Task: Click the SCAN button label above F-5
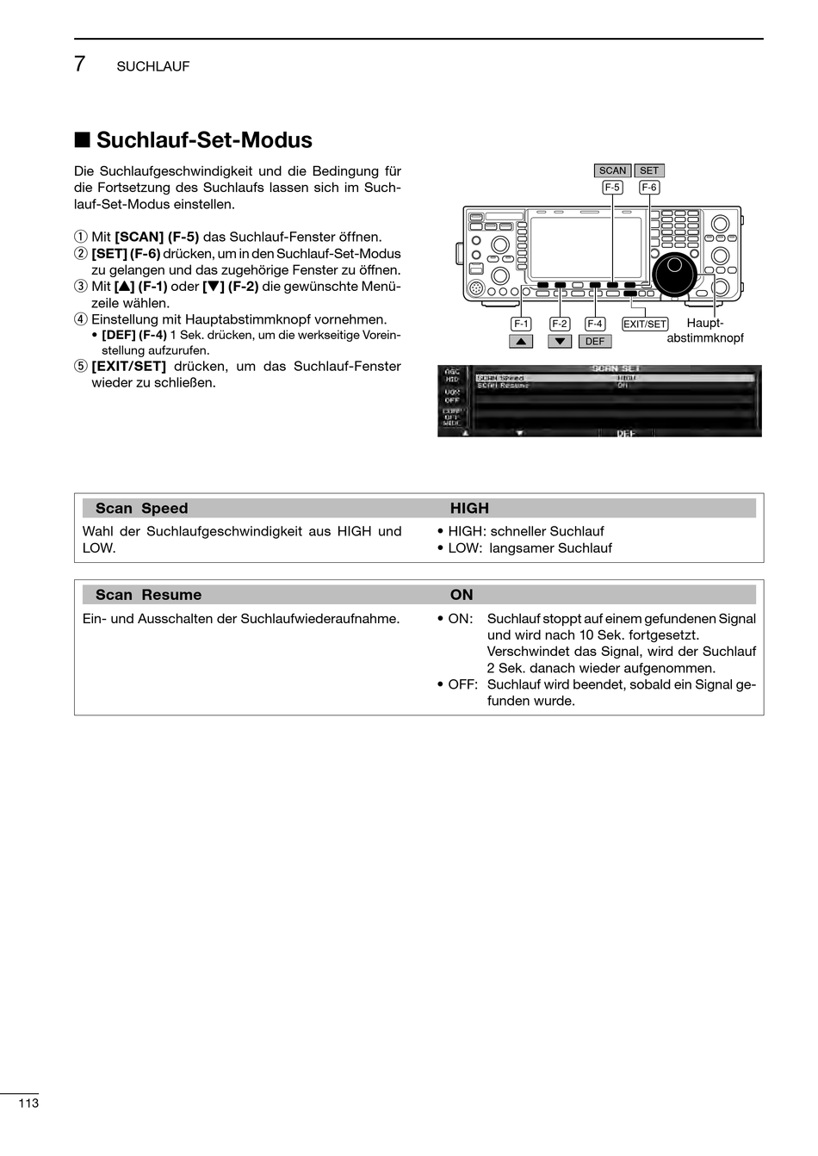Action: (x=612, y=170)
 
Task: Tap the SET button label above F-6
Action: (x=649, y=170)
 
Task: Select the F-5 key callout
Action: (x=612, y=187)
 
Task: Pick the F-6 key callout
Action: (x=649, y=187)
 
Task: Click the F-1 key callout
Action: (x=521, y=324)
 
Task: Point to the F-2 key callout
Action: (x=560, y=324)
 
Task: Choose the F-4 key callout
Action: (x=595, y=324)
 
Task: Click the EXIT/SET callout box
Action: (x=645, y=324)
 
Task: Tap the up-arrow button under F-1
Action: (x=521, y=341)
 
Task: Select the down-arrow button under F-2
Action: (x=560, y=341)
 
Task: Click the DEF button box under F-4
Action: (x=595, y=341)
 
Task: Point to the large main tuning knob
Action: (x=676, y=275)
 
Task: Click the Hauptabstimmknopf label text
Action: (x=705, y=331)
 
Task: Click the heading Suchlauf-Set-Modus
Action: (x=204, y=140)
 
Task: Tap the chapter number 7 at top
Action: (x=80, y=65)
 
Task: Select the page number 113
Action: (x=28, y=1103)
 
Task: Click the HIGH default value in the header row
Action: (x=469, y=509)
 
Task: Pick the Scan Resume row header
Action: (x=148, y=595)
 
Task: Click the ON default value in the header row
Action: (x=462, y=595)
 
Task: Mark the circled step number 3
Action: (x=81, y=287)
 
